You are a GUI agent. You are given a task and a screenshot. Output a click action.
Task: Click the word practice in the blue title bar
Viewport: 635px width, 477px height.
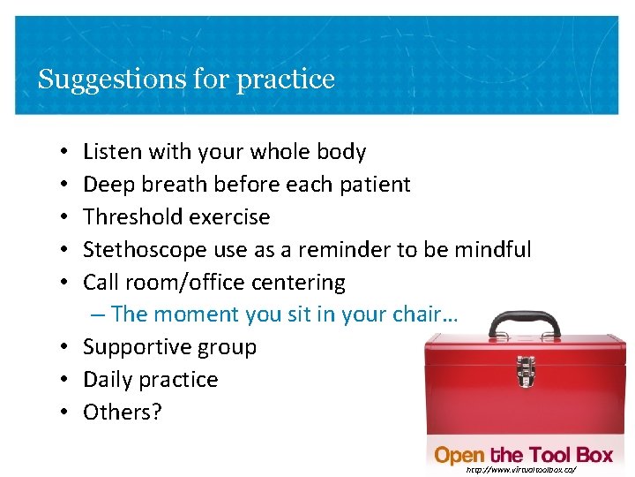coord(289,80)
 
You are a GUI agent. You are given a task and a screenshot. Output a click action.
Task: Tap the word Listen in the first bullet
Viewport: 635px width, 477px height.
coord(112,152)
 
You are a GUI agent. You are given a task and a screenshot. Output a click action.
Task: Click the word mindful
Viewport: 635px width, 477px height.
coord(493,250)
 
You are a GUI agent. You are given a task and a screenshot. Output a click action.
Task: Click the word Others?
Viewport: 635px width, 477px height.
coord(123,413)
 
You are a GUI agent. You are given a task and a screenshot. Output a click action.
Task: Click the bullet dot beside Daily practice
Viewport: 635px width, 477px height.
coord(67,380)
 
